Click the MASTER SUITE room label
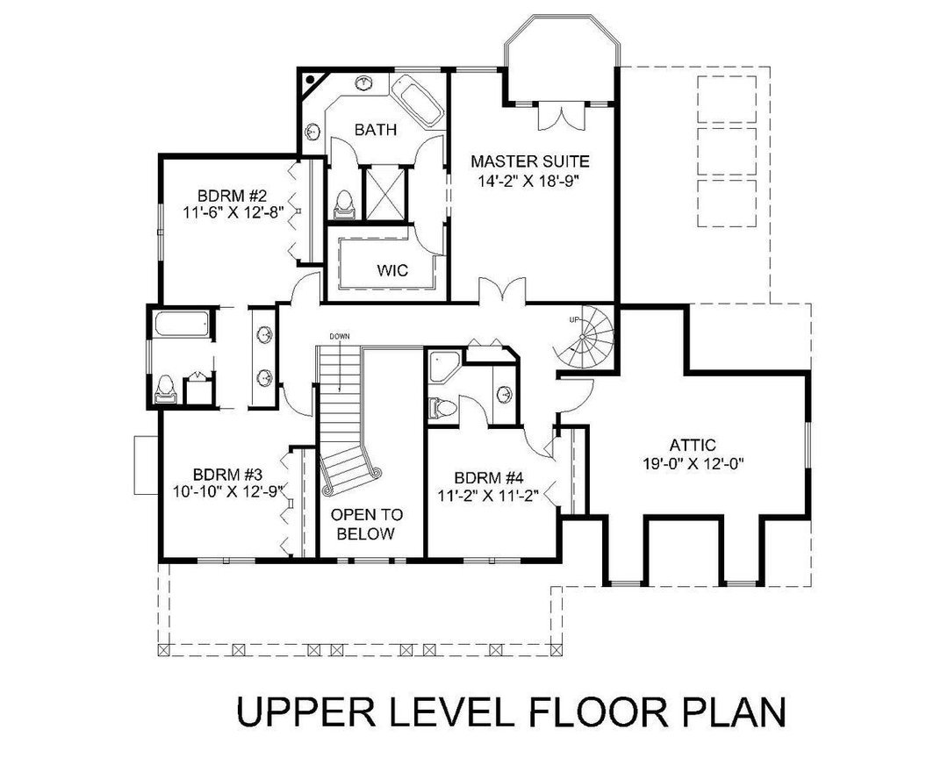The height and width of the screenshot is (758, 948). [x=528, y=161]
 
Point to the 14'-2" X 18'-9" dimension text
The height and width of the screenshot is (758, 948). [x=528, y=181]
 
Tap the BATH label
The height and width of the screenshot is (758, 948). [x=376, y=130]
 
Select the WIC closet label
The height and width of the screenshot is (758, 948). [x=392, y=270]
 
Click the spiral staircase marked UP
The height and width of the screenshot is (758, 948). [x=585, y=340]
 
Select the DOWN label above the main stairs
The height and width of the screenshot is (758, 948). [x=341, y=337]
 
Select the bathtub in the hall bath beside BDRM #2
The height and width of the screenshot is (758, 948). [x=181, y=325]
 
